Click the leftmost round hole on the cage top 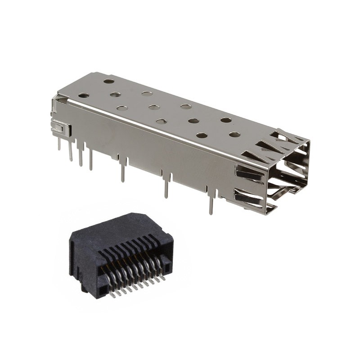84,95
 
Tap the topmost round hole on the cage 109,81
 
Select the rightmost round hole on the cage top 234,134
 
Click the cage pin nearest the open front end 211,205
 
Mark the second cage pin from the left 70,152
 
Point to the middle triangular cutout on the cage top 274,144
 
